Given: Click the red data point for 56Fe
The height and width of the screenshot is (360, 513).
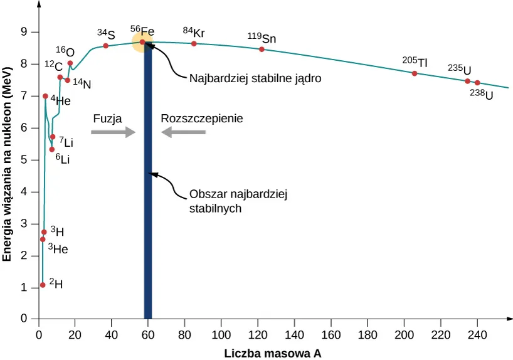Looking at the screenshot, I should (142, 42).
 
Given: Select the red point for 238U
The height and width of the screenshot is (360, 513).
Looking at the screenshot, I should (477, 83).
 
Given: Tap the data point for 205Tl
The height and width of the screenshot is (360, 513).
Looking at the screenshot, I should (415, 73).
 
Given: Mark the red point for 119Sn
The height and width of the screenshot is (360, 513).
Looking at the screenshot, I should (262, 50).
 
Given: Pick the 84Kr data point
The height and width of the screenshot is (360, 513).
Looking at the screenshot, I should (194, 43).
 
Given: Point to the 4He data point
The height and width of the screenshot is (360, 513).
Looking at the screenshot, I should (45, 96).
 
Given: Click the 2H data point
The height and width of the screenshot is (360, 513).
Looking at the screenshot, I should (43, 285).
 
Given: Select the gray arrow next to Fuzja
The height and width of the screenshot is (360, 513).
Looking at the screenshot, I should (113, 132).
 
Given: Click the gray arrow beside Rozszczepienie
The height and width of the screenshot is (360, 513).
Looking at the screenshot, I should (183, 132).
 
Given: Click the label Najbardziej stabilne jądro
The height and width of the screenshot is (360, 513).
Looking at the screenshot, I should (255, 79).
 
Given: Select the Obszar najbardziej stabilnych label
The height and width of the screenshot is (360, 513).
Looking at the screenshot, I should (238, 201).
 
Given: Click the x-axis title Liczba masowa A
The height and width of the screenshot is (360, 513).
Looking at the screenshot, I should (273, 353).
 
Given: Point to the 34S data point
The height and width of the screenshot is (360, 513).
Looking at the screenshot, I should (106, 46).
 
